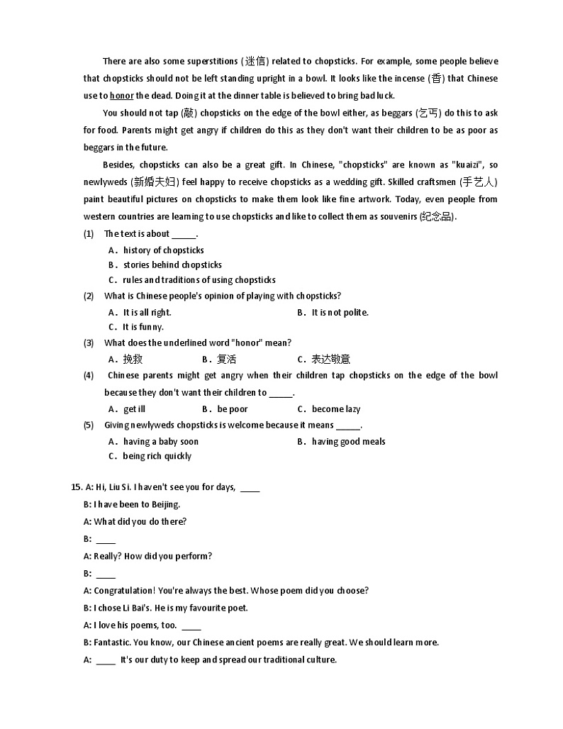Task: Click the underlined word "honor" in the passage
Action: pyautogui.click(x=122, y=96)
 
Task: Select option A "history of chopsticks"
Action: pyautogui.click(x=163, y=250)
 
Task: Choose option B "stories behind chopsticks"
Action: pyautogui.click(x=172, y=265)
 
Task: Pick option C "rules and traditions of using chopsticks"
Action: pyautogui.click(x=199, y=279)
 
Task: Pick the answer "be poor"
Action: pyautogui.click(x=233, y=409)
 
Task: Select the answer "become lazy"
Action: pyautogui.click(x=336, y=409)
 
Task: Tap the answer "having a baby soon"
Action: pyautogui.click(x=161, y=441)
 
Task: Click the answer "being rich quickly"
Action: pyautogui.click(x=157, y=456)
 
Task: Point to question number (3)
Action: pyautogui.click(x=89, y=343)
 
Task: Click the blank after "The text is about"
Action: pyautogui.click(x=184, y=234)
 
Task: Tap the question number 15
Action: pyautogui.click(x=77, y=487)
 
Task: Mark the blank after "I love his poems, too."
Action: pyautogui.click(x=191, y=625)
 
